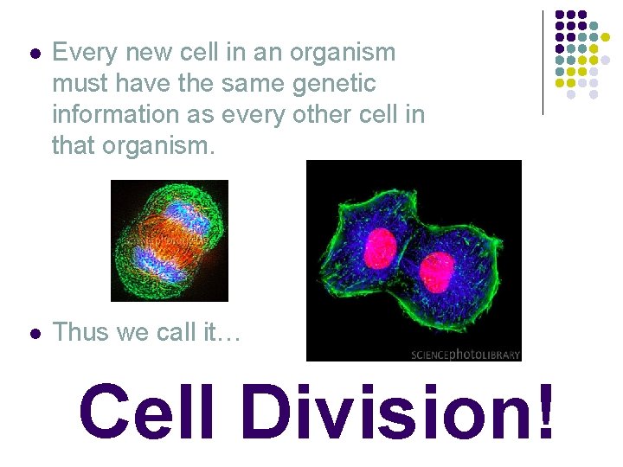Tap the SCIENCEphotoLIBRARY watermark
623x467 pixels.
coord(465,354)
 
